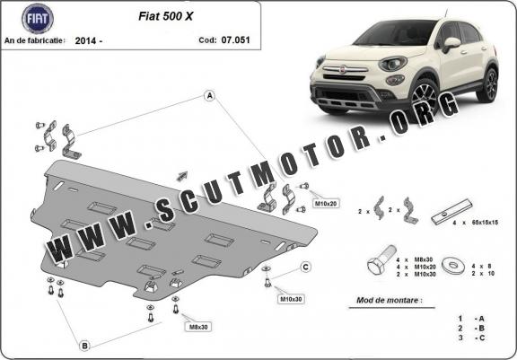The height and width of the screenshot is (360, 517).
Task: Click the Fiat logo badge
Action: tap(38, 19)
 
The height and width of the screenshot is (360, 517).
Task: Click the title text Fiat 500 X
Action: tap(165, 16)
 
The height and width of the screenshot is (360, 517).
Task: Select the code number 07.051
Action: tap(235, 40)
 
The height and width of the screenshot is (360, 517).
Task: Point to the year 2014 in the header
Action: tap(86, 40)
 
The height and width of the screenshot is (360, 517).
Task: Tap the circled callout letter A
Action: tap(210, 96)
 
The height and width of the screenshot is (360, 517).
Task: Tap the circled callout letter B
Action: tap(84, 346)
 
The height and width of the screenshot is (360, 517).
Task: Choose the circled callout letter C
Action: tap(306, 267)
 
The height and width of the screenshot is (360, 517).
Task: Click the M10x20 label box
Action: tap(326, 204)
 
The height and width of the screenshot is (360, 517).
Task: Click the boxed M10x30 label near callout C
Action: tap(291, 299)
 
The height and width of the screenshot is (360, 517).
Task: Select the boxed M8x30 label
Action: tap(198, 327)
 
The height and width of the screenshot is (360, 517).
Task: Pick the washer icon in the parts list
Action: tap(453, 266)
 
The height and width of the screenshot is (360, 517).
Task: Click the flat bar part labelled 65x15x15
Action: tap(451, 212)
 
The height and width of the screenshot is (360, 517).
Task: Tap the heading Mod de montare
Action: tap(390, 301)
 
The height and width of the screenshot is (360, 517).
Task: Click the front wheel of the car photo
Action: tap(424, 98)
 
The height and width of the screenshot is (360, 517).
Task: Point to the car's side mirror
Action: tap(451, 44)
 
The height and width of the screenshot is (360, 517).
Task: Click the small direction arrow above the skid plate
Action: tap(182, 176)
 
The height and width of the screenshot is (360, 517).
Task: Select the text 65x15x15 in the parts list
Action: tap(485, 223)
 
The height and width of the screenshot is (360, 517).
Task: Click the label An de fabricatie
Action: tap(35, 40)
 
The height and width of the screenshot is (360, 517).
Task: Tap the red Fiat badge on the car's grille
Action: tap(343, 70)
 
